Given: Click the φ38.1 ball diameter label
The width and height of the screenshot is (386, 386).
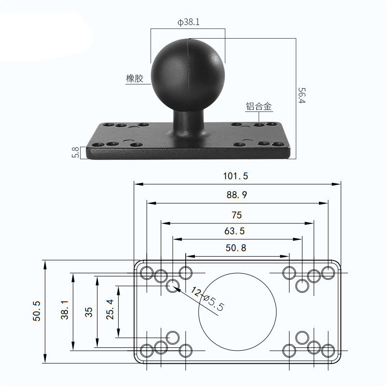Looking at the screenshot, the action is click(189, 22).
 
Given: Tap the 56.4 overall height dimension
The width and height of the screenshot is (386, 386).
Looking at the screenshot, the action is click(302, 96).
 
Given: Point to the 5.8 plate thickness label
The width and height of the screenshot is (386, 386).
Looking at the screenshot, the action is click(76, 152).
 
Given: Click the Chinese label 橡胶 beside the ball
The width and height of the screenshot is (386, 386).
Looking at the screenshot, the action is click(135, 79).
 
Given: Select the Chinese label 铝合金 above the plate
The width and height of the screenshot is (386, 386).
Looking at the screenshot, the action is click(259, 107).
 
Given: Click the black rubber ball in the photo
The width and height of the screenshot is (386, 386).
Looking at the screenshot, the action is click(188, 75).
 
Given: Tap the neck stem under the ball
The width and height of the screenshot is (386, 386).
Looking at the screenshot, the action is click(189, 123).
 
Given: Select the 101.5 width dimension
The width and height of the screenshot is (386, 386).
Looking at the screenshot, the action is click(235, 176).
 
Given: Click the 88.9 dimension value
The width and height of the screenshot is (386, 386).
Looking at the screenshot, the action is click(236, 195).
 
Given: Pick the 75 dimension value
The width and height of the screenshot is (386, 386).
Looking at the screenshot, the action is click(237, 215).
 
